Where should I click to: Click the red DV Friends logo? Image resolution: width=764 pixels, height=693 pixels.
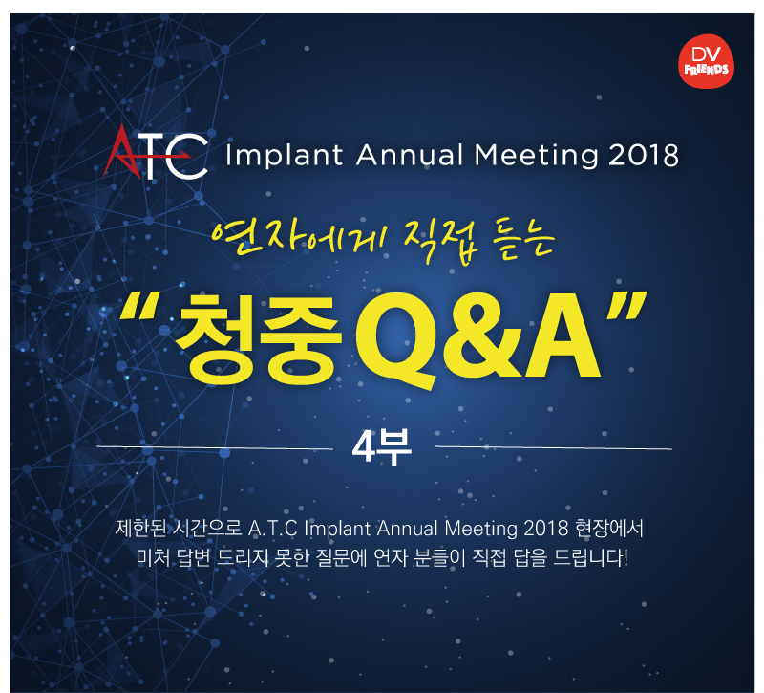click(706, 61)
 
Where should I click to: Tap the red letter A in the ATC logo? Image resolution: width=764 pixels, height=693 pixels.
click(120, 151)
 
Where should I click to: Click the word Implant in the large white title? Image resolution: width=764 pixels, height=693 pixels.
click(284, 156)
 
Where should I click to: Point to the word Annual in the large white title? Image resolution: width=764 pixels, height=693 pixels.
click(410, 155)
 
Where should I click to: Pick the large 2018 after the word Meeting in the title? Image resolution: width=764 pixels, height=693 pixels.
click(643, 156)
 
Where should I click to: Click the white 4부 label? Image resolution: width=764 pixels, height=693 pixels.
click(382, 447)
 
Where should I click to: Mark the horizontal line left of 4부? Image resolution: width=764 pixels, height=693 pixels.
click(215, 447)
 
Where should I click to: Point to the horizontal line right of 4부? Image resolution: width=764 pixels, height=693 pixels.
click(554, 447)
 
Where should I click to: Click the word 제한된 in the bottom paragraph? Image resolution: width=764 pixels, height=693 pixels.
click(140, 529)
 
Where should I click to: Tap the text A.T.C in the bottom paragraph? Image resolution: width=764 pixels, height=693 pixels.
click(272, 530)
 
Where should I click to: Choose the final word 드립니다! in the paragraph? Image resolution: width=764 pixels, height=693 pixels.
click(590, 558)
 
